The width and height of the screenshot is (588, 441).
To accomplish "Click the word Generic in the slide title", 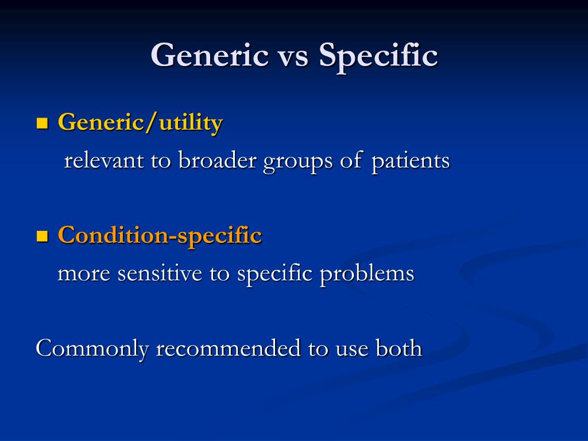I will click(210, 56).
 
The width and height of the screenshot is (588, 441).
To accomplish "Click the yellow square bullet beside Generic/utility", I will click(42, 123).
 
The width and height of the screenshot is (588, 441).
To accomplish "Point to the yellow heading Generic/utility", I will click(140, 122).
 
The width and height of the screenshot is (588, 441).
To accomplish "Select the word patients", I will click(411, 161).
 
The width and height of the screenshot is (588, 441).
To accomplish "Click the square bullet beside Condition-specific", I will click(42, 235).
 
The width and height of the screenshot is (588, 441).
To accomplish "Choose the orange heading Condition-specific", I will click(160, 235).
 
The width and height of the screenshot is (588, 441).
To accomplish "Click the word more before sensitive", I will click(84, 274).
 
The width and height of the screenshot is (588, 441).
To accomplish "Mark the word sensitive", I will click(160, 274).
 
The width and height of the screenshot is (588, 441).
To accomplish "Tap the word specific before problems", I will click(275, 274).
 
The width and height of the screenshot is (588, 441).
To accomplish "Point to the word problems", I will click(367, 274).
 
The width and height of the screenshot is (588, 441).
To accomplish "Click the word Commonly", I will click(92, 349).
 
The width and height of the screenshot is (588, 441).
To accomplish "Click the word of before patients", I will click(350, 161).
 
